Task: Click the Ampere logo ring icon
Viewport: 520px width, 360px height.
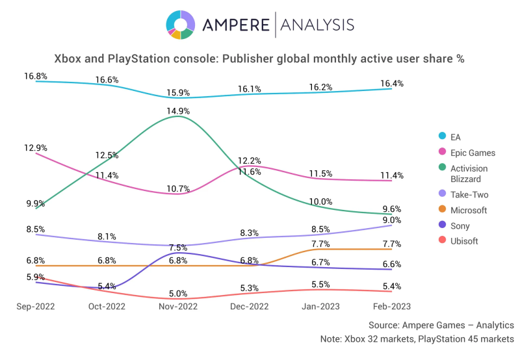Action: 180,25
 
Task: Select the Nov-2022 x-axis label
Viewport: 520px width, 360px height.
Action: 178,306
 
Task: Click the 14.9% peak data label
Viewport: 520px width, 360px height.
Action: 178,110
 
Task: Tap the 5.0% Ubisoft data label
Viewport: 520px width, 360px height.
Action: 178,293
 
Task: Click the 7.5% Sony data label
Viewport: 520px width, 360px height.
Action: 178,248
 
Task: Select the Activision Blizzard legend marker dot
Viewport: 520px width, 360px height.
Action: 442,169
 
